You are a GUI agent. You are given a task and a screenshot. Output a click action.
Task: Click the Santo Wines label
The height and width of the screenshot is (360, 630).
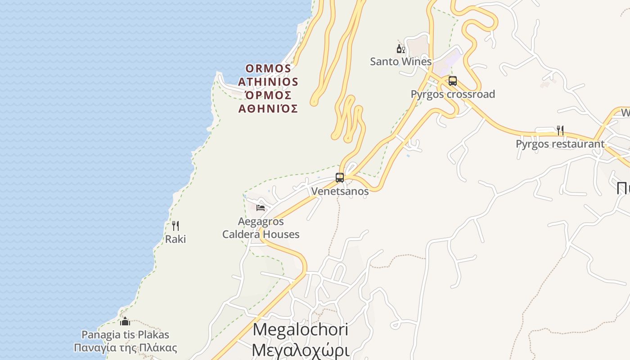[x=400, y=62]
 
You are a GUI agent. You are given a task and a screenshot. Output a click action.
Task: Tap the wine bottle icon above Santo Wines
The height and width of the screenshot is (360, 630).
[x=400, y=49]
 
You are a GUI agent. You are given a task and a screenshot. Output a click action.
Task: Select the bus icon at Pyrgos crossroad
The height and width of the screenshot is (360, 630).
[x=453, y=81]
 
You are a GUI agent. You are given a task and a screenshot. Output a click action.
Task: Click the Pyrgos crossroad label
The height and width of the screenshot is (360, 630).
[x=453, y=94]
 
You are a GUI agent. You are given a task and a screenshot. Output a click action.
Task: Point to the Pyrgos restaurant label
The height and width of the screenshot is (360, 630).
[x=560, y=144]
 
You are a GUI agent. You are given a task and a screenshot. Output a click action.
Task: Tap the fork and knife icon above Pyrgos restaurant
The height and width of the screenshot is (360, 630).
[x=560, y=130]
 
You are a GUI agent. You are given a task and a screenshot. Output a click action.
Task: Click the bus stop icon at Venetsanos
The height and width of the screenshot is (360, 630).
[x=340, y=178]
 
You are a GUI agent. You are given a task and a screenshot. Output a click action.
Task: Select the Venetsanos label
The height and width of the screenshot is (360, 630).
[x=340, y=191]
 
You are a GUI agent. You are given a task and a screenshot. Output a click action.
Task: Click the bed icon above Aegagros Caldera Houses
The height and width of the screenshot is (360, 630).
[x=261, y=208]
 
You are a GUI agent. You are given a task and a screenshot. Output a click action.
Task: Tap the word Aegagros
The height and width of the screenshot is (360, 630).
[x=261, y=221]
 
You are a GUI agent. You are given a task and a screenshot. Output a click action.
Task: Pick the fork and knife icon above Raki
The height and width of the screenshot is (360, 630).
[x=175, y=226]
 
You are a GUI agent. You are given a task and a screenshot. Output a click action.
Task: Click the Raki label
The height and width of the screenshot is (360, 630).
[x=175, y=239]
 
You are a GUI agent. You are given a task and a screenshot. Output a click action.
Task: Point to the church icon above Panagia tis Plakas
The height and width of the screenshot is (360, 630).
[x=125, y=321]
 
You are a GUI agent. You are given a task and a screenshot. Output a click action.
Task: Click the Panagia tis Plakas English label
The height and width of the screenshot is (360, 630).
[x=125, y=335]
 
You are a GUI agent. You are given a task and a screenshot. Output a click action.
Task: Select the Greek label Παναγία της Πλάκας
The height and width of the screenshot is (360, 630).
[x=125, y=348]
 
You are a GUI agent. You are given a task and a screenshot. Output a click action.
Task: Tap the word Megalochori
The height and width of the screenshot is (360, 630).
[x=300, y=330]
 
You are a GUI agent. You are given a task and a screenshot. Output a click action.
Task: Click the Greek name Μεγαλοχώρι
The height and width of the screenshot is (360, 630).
[x=300, y=349]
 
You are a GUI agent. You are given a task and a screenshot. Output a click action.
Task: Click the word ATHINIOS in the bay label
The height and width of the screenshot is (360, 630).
[x=268, y=82]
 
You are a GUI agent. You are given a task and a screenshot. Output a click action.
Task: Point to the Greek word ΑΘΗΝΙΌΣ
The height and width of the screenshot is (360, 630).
[x=268, y=108]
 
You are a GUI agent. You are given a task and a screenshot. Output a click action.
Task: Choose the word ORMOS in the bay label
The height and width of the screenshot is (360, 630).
[x=268, y=68]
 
